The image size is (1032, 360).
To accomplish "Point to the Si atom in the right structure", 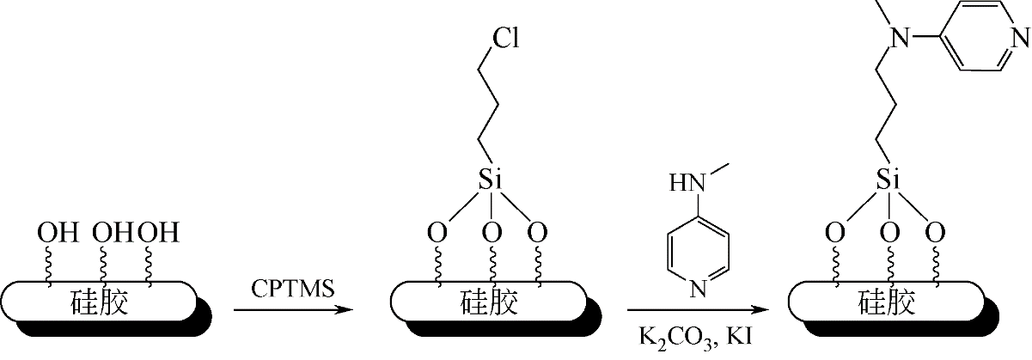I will point(889,180).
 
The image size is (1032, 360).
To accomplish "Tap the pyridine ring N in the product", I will point(1019,38).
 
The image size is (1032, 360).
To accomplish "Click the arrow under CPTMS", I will point(294,309).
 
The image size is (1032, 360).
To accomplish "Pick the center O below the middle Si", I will point(491,233).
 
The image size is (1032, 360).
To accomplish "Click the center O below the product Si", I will point(889,233).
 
